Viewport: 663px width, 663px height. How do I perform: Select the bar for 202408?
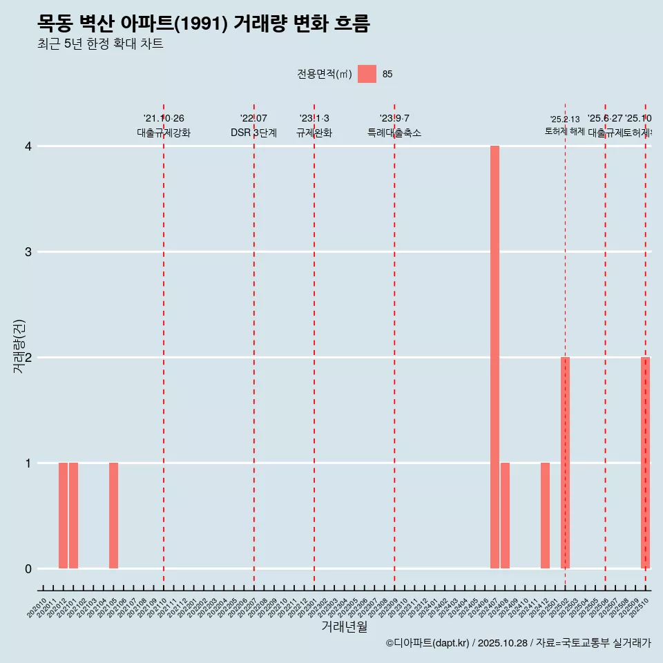[x=505, y=515]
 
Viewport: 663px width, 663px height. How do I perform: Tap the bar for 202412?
[x=545, y=515]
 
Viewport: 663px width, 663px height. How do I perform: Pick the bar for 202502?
[x=565, y=463]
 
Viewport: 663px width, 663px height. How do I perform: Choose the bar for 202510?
[x=645, y=463]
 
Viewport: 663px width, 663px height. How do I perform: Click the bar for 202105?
[x=113, y=515]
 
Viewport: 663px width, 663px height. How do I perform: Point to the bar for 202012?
[x=63, y=515]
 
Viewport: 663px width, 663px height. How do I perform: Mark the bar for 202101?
[x=73, y=515]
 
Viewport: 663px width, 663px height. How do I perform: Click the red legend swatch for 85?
[x=367, y=74]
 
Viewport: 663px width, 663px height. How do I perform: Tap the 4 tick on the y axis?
[x=28, y=146]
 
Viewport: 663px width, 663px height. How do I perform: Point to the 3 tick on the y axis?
[x=28, y=252]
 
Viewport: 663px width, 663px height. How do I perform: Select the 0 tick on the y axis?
[x=28, y=569]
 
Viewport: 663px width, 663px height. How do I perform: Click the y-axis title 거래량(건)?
[x=19, y=346]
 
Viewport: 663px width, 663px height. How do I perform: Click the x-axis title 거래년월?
[x=344, y=627]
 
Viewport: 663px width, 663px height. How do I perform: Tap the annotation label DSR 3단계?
[x=253, y=133]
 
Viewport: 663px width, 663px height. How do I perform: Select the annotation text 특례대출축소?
[x=394, y=133]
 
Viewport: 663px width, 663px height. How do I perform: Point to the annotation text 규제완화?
[x=314, y=133]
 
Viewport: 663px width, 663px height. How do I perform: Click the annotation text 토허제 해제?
[x=564, y=131]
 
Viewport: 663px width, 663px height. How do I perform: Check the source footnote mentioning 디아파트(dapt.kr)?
[x=518, y=643]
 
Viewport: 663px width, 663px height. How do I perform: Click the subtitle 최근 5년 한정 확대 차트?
[x=100, y=45]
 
